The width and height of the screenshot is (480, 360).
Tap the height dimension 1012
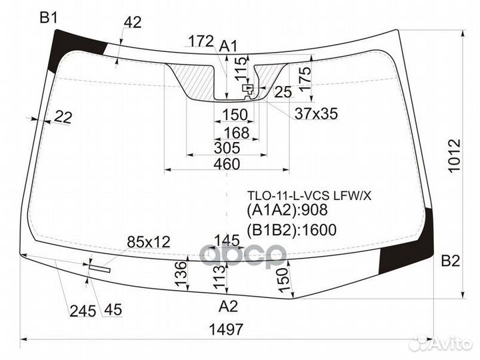(455, 155)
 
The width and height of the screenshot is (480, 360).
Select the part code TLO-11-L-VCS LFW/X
(309, 195)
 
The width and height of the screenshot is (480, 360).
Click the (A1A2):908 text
(288, 212)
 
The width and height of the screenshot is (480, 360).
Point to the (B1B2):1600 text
(291, 231)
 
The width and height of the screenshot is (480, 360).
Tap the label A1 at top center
(229, 46)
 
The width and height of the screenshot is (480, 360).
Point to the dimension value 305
(228, 148)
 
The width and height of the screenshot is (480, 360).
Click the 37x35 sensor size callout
(316, 114)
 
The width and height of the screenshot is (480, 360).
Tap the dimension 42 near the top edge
(133, 22)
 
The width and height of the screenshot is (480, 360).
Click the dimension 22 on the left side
(63, 117)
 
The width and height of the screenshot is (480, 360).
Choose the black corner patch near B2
(409, 245)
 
